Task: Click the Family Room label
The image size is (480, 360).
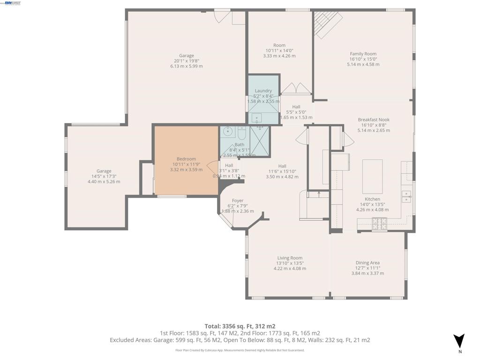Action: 363,54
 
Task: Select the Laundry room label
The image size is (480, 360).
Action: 263,91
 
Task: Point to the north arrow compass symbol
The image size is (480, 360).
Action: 459,341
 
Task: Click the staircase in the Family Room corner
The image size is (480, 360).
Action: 327,23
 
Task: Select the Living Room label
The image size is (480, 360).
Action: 290,258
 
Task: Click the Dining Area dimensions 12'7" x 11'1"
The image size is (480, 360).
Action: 367,268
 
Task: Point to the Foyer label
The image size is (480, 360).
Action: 238,201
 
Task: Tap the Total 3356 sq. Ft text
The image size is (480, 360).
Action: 240,326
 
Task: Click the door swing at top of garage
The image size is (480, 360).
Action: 220,16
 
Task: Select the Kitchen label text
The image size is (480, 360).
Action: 373,199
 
